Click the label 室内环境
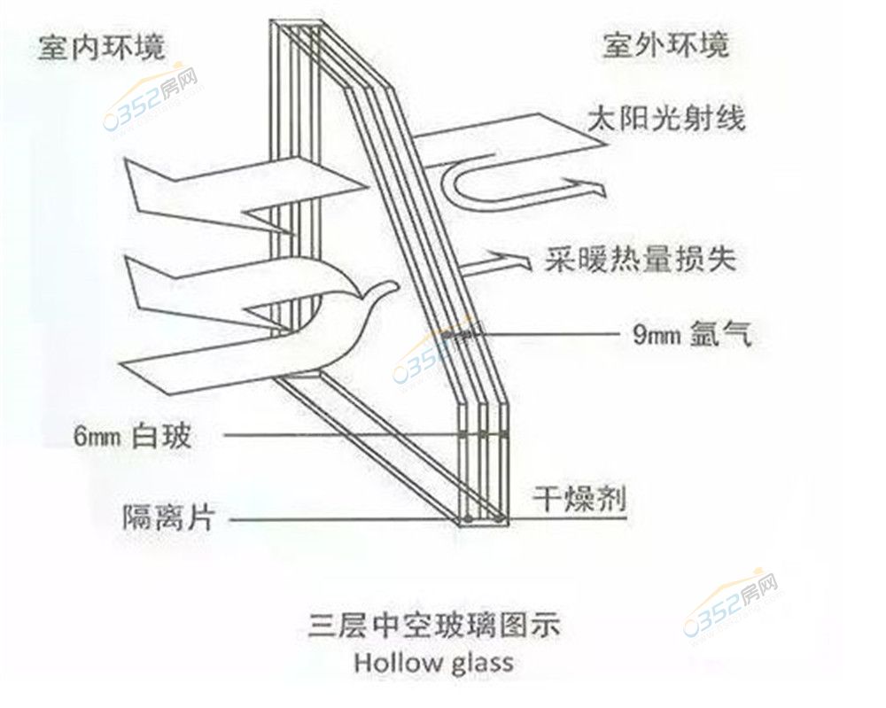tap(101, 47)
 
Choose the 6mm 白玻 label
tap(132, 435)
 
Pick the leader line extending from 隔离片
tap(337, 518)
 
